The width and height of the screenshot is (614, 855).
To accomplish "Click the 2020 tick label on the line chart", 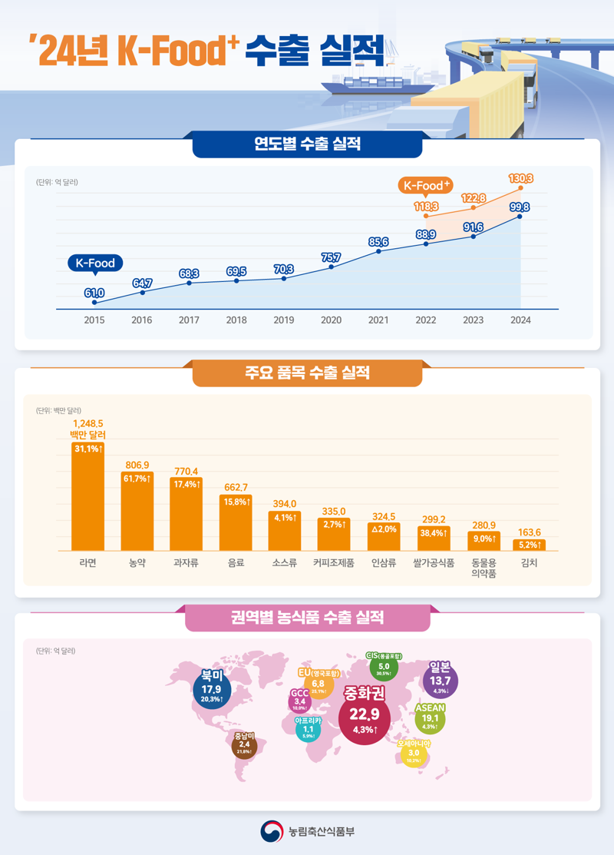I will tap(331, 320).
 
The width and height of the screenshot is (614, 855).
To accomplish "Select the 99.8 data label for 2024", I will tap(520, 207).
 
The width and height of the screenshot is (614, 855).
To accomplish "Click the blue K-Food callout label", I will tap(95, 263).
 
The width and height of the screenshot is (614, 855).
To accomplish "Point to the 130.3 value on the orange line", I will tap(521, 178).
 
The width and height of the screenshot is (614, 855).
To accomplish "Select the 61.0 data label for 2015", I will tap(94, 293).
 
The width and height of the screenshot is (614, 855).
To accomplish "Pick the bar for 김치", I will tap(529, 545).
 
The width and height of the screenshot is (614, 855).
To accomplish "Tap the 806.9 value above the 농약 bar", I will tap(137, 465).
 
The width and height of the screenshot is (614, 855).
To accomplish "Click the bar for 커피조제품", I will tap(333, 534).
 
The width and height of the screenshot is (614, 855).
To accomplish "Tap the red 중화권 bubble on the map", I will tap(364, 714).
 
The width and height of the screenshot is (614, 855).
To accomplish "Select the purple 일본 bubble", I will tap(441, 679).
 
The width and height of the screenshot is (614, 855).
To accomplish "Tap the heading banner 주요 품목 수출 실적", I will tap(307, 373).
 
